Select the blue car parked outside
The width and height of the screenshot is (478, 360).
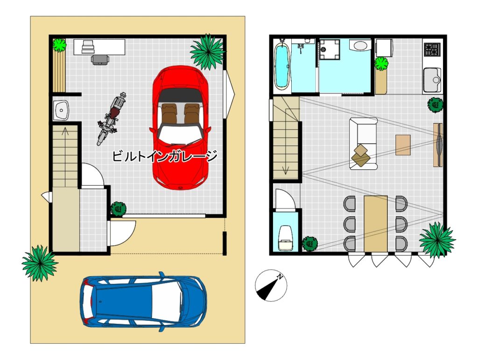[143, 302]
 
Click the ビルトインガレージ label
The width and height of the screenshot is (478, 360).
[165, 156]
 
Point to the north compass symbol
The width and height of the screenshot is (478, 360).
[271, 285]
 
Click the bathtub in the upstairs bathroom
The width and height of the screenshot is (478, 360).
[281, 65]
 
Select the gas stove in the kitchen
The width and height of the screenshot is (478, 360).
[432, 49]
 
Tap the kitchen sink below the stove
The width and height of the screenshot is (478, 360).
[432, 80]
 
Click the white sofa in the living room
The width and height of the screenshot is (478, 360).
[363, 143]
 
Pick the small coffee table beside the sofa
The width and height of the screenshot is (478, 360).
[403, 145]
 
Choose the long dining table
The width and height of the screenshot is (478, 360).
[376, 223]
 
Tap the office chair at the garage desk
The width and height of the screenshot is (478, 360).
[100, 59]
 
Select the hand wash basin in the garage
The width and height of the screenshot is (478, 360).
[61, 110]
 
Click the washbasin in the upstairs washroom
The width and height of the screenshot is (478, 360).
[360, 46]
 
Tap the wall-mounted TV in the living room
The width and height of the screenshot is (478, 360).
[438, 145]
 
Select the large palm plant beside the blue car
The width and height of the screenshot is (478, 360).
[40, 263]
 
